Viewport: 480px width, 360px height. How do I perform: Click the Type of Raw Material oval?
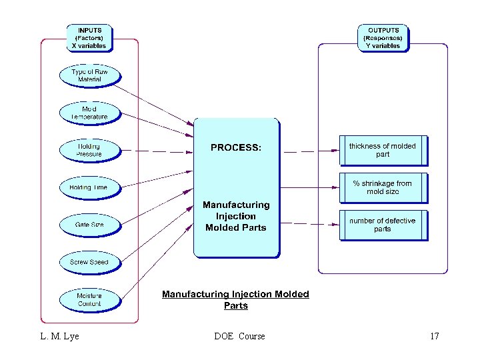(x=89, y=75)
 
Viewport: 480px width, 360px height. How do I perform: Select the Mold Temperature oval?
(x=89, y=113)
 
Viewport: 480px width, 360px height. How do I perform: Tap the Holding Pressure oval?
(x=89, y=150)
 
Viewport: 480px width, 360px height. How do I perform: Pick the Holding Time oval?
(x=89, y=187)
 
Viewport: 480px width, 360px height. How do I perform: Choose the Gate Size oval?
(x=89, y=225)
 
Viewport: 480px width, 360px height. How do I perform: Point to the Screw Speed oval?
(x=89, y=262)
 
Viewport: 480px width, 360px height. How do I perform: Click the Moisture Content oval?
(x=89, y=299)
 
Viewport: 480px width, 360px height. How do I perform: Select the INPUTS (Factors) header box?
(x=89, y=38)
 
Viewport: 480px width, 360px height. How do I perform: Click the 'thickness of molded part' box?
(x=383, y=151)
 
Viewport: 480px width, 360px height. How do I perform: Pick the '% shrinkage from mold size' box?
(x=383, y=188)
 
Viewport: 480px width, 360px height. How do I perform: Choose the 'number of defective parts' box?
(x=383, y=225)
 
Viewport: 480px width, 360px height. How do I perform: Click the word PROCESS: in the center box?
(x=236, y=147)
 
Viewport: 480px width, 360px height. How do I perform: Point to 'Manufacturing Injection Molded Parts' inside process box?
(x=236, y=216)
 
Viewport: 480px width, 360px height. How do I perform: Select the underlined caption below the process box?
(x=236, y=300)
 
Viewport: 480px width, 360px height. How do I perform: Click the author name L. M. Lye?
(x=59, y=336)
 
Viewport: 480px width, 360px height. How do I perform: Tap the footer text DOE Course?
(x=239, y=336)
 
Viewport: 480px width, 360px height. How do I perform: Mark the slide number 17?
(x=434, y=336)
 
